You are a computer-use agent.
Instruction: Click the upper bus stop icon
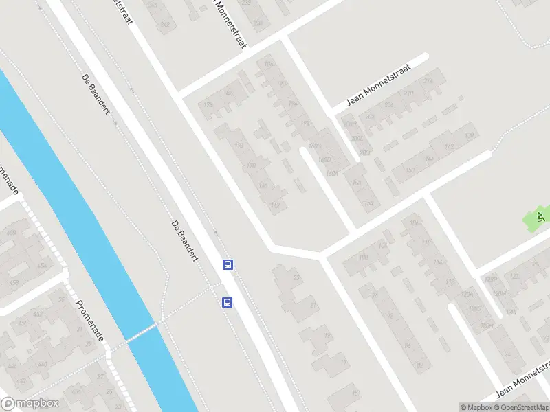(x=228, y=264)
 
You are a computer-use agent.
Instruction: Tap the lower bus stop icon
(x=226, y=302)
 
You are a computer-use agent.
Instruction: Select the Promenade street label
(x=90, y=322)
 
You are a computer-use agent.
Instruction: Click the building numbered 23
(x=296, y=277)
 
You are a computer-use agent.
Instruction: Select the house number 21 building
(x=313, y=305)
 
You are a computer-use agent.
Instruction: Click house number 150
(x=410, y=170)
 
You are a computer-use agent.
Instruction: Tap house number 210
(x=409, y=93)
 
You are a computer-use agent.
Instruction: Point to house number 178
(x=208, y=105)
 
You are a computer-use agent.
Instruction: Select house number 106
(x=414, y=224)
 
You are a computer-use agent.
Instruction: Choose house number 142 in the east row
(x=449, y=146)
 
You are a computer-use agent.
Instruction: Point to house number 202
(x=369, y=117)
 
